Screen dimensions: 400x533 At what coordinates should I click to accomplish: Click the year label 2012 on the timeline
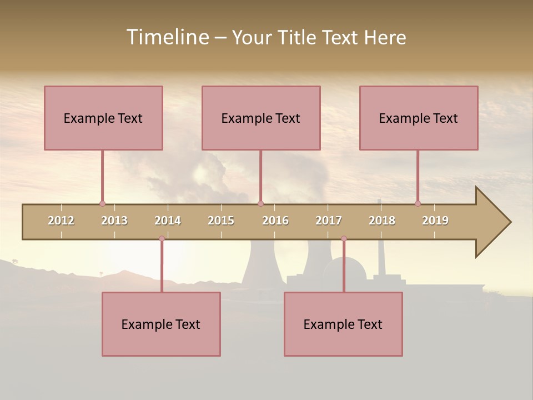coord(61,221)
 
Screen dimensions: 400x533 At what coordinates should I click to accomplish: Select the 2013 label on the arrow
coord(114,221)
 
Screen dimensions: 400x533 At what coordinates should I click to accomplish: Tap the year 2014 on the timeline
coord(168,221)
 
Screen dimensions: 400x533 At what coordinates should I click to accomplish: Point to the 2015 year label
coord(221,221)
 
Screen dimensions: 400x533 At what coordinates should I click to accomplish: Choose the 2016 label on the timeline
coord(275,221)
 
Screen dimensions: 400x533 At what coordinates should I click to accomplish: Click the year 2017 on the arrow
coord(329,221)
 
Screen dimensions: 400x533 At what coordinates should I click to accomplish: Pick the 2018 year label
coord(382,221)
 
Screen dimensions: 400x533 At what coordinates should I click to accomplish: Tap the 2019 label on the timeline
coord(435,221)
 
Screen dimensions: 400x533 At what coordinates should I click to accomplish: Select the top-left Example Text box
coord(103,118)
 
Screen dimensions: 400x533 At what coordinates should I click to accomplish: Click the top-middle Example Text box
coord(261,118)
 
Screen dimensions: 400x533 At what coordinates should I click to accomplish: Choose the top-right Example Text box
coord(419,118)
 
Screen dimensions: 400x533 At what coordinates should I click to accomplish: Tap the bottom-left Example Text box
coord(161,324)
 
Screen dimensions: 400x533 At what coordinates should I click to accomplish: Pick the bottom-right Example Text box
coord(343,324)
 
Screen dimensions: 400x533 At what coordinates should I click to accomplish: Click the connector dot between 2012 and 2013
coord(102,203)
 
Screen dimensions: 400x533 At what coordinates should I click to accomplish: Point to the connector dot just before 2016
coord(260,203)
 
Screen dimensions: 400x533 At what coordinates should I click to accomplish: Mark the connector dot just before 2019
coord(418,203)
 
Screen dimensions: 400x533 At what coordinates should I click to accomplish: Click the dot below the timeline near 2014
coord(162,239)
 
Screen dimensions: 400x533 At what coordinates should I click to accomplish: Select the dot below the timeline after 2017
coord(344,239)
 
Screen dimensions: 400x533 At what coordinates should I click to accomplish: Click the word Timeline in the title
coord(167,37)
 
